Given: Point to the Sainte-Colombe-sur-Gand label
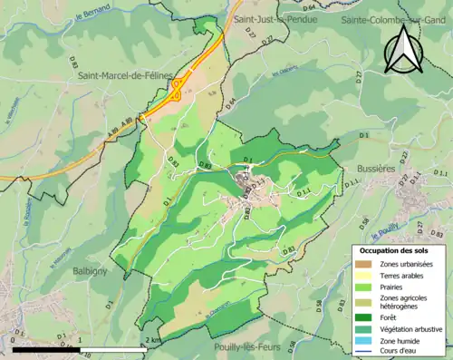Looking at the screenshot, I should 396,18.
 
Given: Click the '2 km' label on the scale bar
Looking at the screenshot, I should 152,339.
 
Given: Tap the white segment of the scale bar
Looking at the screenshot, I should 115,348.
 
